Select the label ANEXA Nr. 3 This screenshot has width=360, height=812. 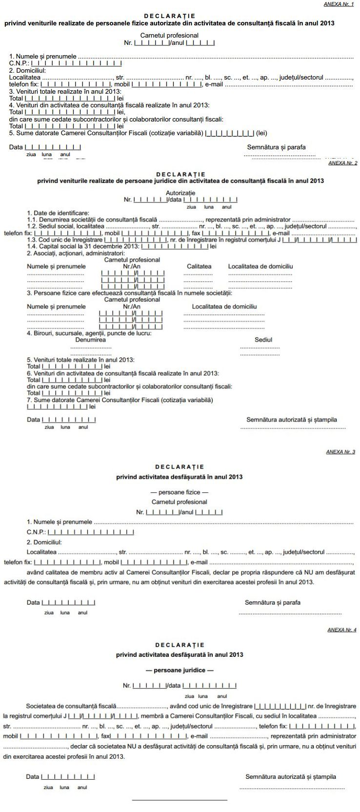point(340,452)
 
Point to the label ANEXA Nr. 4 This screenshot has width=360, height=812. point(341,630)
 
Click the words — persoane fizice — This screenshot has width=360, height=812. point(180,492)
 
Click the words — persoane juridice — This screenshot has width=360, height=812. point(180,670)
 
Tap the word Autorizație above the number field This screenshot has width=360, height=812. point(180,193)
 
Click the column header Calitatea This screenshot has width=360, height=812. point(199,266)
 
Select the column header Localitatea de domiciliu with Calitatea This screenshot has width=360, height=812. point(260,266)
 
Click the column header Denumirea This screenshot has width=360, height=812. point(91,340)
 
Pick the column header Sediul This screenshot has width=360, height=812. point(263,340)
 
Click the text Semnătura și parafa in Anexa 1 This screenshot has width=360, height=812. point(277,147)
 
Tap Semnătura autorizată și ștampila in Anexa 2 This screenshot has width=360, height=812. point(292,420)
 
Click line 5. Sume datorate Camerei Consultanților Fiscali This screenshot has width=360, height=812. point(105,133)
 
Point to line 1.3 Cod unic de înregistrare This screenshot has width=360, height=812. point(65,240)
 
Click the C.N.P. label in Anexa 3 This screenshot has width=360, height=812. point(37,532)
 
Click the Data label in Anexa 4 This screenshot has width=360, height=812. point(33,777)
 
